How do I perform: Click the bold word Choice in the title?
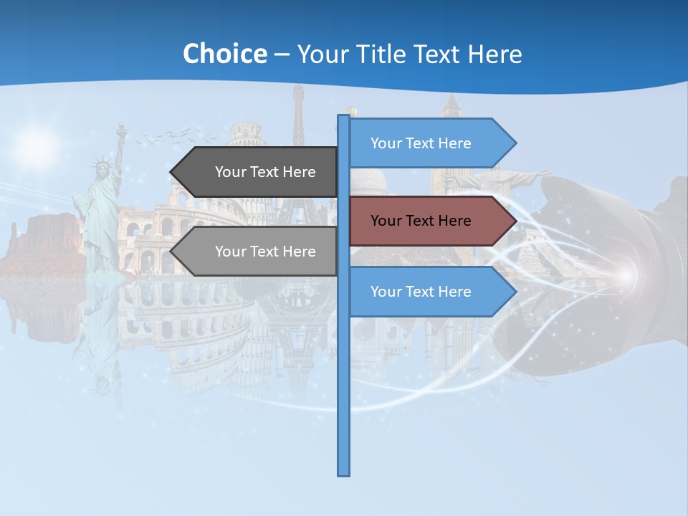pyautogui.click(x=224, y=54)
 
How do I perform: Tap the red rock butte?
pyautogui.click(x=43, y=244)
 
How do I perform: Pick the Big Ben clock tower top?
pyautogui.click(x=451, y=107)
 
